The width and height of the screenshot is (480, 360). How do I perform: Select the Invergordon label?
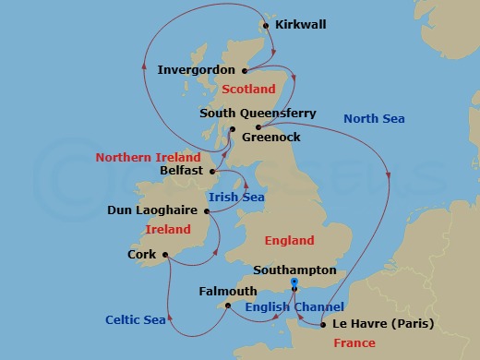[197, 69]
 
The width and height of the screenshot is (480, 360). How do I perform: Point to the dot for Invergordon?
[244, 70]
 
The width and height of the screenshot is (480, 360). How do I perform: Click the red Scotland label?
[249, 90]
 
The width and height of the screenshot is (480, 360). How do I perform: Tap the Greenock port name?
[270, 137]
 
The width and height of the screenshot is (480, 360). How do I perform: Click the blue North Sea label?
[373, 118]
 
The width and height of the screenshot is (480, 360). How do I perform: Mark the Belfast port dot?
[213, 171]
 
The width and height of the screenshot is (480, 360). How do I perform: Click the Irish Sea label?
[236, 197]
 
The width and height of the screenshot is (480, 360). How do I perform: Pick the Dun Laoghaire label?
[153, 210]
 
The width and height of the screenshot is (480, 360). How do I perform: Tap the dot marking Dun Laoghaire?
[206, 210]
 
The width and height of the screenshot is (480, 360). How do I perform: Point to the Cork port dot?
[164, 255]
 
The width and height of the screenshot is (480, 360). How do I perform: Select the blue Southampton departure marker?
[294, 281]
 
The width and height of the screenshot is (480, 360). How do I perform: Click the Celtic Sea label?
[135, 320]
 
